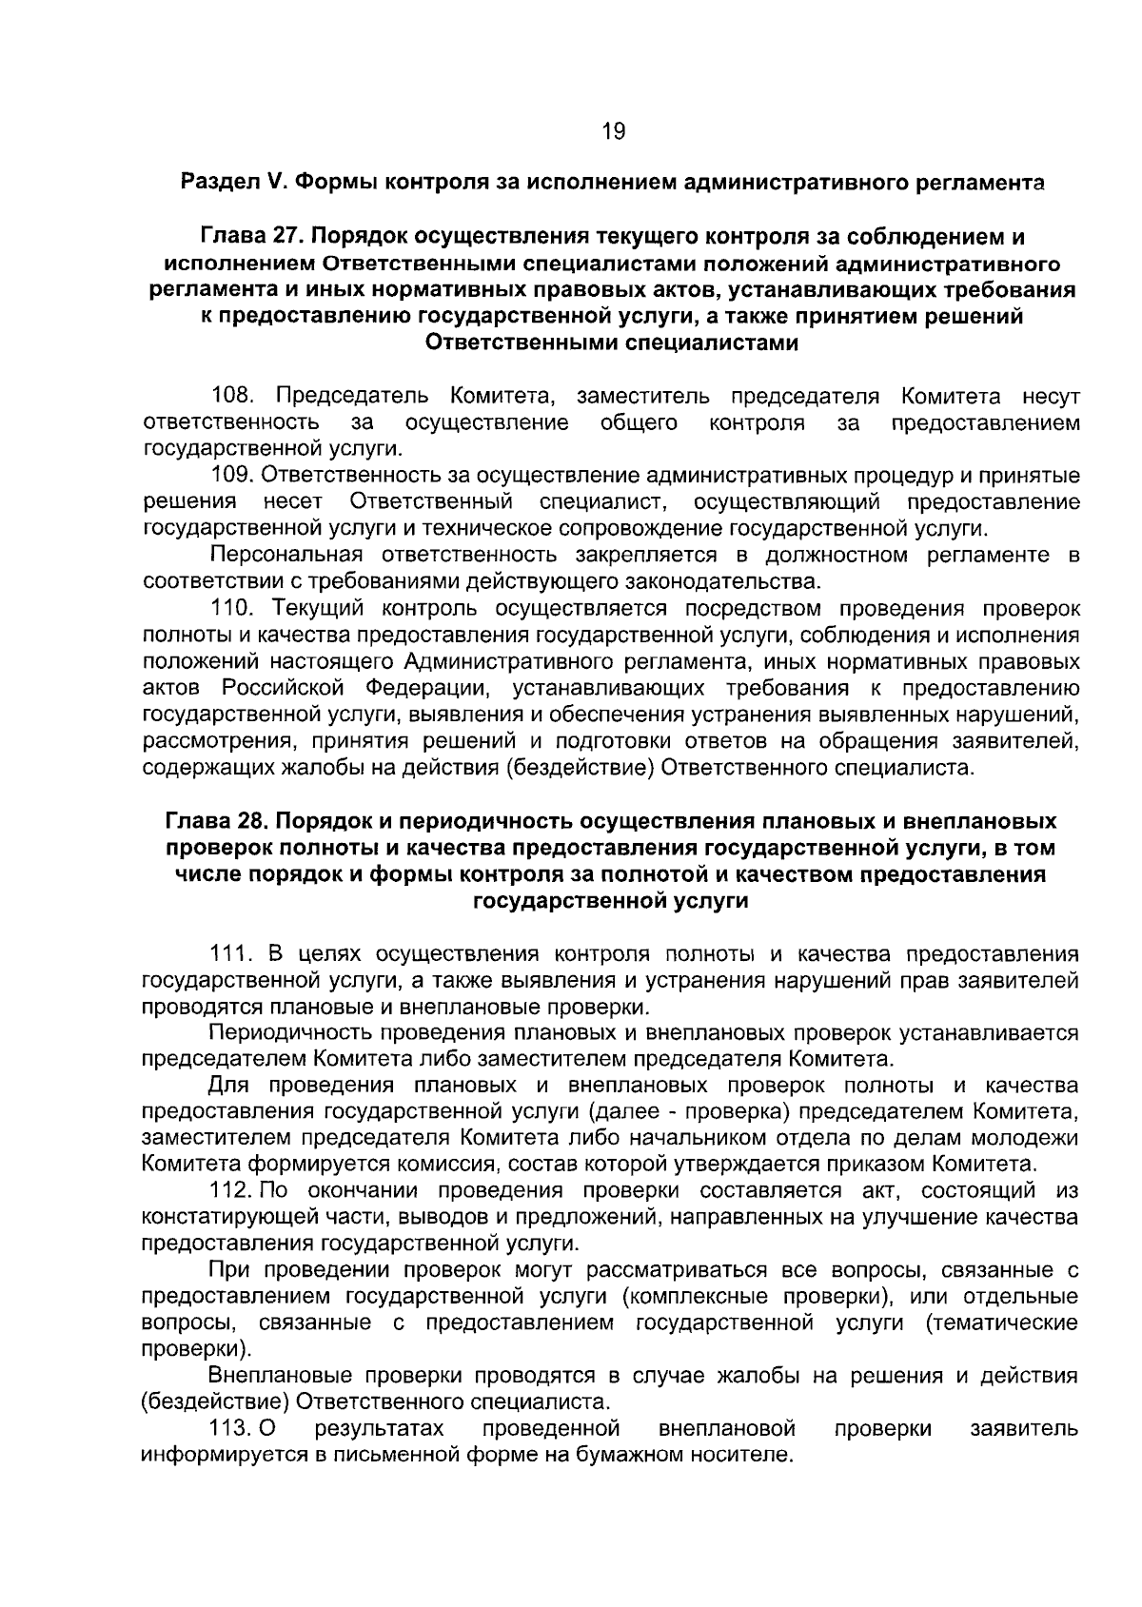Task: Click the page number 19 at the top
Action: (613, 131)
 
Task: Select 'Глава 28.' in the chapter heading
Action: (217, 820)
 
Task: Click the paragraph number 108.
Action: (232, 395)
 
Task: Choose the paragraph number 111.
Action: (232, 953)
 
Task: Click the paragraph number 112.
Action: (230, 1190)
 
